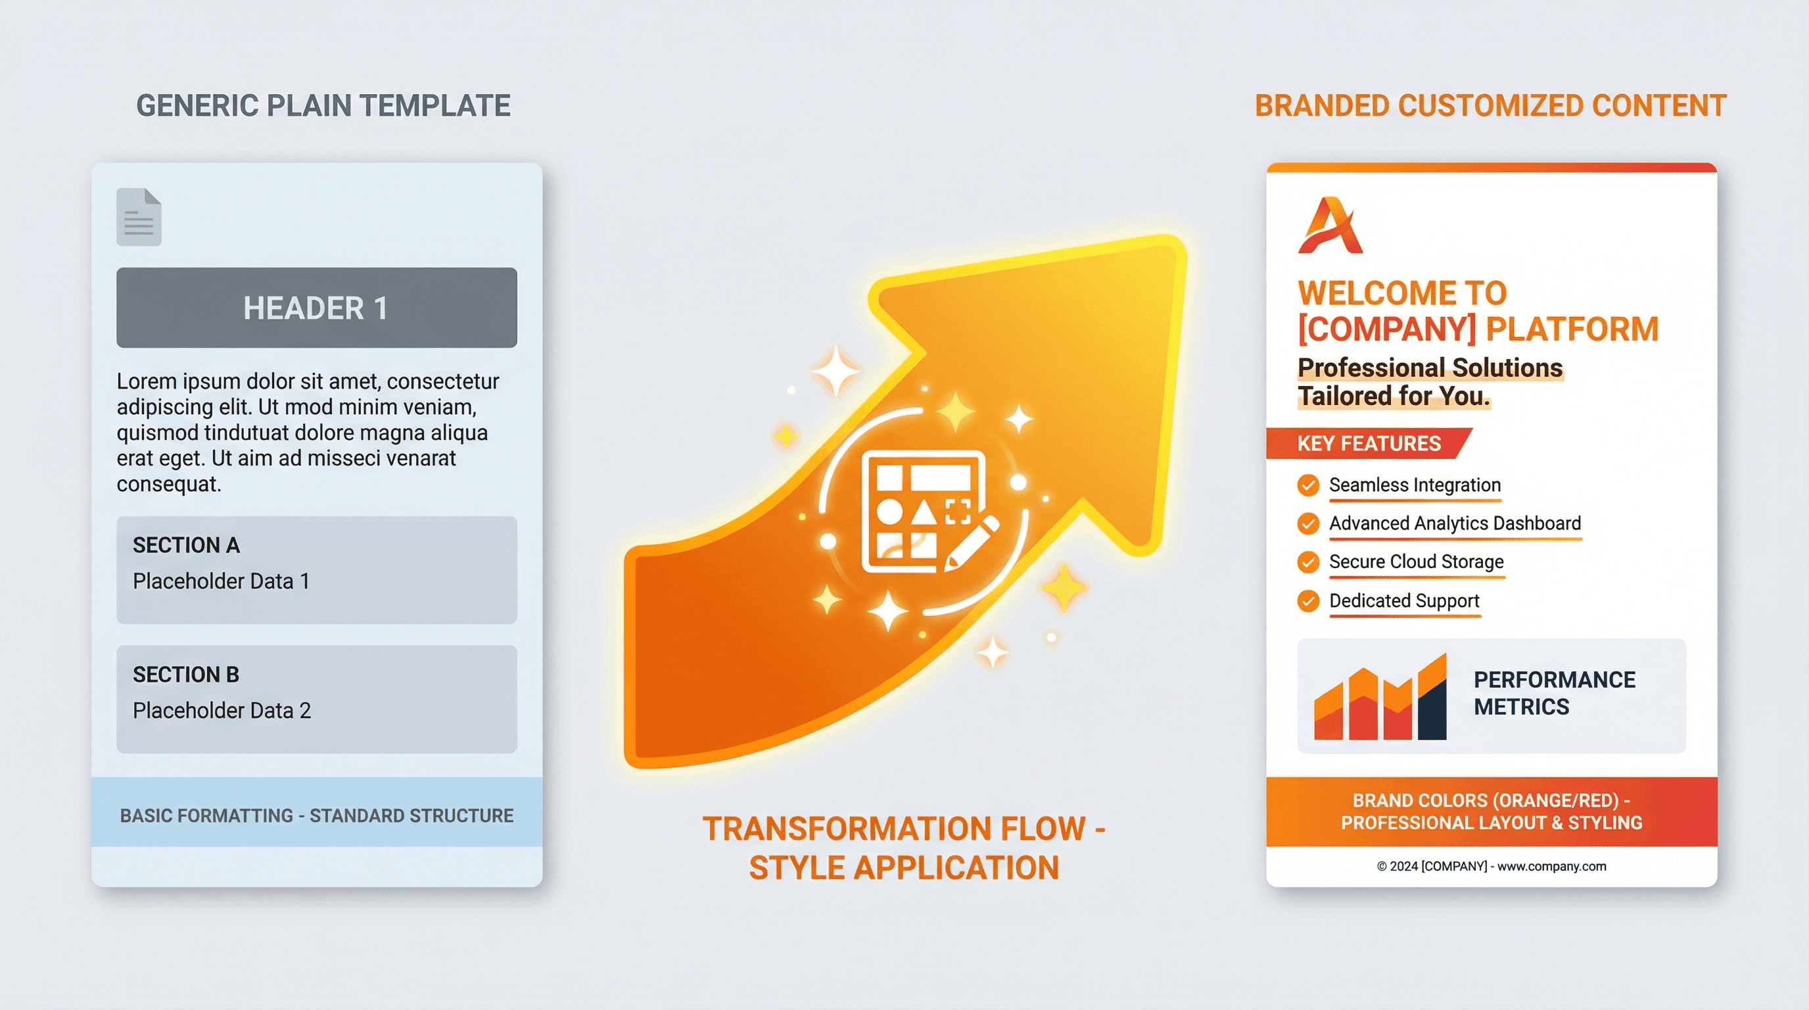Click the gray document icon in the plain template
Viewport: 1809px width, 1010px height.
coord(138,217)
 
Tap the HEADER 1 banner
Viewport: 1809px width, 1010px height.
coord(316,308)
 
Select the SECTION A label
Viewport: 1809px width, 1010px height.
coord(186,545)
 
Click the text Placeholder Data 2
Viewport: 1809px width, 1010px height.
coord(222,710)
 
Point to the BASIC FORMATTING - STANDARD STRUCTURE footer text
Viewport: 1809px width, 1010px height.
coord(316,815)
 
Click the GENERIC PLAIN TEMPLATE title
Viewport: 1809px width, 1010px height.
coord(323,106)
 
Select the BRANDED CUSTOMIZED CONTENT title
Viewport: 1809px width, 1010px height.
coord(1490,106)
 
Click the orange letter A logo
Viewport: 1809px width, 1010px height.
coord(1329,226)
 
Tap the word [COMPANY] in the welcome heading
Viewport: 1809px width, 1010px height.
coord(1386,329)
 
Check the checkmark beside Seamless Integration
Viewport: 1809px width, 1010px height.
coord(1307,485)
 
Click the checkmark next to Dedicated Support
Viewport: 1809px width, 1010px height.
coord(1307,600)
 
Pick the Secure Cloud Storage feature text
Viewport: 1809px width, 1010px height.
coord(1416,562)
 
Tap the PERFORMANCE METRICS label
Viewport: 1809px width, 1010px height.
coord(1553,692)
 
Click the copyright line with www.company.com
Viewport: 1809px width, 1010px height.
coord(1491,866)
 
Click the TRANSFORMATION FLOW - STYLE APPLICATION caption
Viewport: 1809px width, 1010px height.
coord(903,848)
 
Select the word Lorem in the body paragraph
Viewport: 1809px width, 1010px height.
coord(146,381)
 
